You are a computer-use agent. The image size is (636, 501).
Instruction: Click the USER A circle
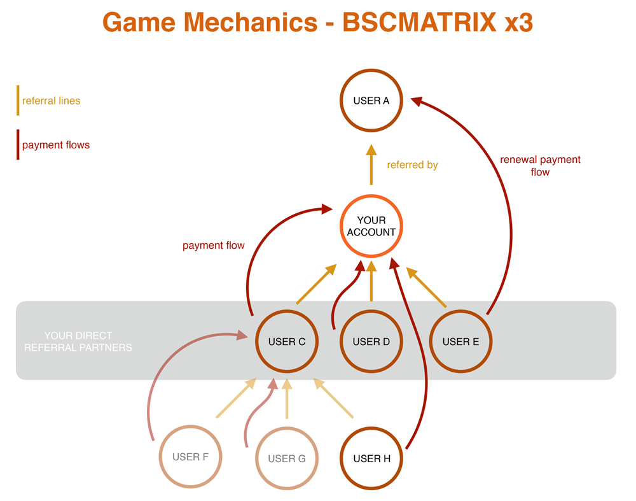click(x=371, y=101)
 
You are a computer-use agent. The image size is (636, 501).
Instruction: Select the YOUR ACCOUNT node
click(x=371, y=227)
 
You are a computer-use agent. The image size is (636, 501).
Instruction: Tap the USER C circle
click(x=287, y=342)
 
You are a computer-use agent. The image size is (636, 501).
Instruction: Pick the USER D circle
click(x=371, y=342)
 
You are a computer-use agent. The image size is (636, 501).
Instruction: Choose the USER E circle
click(x=461, y=342)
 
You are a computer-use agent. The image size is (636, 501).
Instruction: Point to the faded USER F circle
click(x=190, y=457)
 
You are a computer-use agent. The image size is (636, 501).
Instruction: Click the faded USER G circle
click(x=287, y=458)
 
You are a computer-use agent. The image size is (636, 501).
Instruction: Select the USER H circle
click(x=371, y=458)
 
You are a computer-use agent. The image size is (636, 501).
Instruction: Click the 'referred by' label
click(x=412, y=165)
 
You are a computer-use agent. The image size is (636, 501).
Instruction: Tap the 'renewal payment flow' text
click(x=540, y=166)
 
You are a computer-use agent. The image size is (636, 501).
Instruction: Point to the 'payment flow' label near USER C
click(x=213, y=245)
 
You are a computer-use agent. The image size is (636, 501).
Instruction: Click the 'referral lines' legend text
click(x=51, y=101)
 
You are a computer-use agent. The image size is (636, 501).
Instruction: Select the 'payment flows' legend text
click(x=56, y=145)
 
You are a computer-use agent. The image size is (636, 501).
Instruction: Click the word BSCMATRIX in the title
click(x=419, y=23)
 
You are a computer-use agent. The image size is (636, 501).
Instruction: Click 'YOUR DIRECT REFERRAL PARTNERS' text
click(x=78, y=342)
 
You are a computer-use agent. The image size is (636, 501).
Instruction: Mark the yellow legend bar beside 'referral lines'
click(x=18, y=101)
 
